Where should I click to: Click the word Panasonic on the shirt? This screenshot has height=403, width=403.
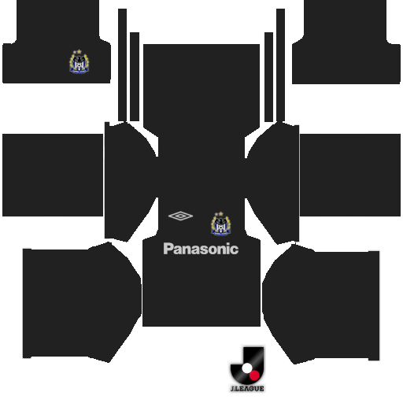point(201,249)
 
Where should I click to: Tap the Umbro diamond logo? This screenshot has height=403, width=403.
point(180,216)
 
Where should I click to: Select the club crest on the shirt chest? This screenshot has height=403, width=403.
point(221,224)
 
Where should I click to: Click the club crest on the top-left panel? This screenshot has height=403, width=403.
point(79,61)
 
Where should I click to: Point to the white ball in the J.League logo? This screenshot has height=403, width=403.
point(246,368)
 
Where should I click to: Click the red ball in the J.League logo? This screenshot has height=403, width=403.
point(254,375)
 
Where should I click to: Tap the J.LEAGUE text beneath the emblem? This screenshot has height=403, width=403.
point(247,389)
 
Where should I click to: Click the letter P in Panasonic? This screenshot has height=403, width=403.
point(168,249)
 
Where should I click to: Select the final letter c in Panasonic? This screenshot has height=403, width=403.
point(235,250)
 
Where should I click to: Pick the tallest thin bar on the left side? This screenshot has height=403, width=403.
point(122,65)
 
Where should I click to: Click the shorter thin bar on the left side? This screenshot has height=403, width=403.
point(135,76)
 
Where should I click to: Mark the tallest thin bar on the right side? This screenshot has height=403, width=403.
point(280,65)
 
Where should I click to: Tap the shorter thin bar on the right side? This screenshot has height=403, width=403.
point(268,77)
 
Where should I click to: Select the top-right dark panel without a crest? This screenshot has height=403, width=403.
point(346,42)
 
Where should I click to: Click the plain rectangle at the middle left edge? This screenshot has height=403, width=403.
point(53,175)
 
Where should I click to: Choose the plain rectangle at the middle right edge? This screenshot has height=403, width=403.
point(350,175)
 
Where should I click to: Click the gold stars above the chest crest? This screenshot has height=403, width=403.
point(219,214)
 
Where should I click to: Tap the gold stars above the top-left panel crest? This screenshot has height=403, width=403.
point(77,52)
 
